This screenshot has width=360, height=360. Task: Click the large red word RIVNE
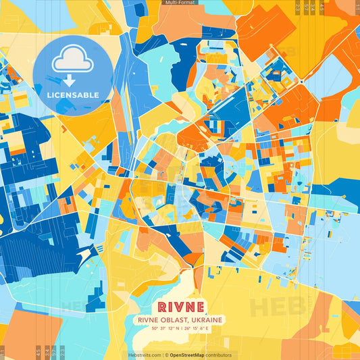click(180, 307)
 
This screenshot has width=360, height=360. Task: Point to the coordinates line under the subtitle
click(180, 329)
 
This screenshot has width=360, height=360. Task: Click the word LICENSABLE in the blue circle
click(72, 95)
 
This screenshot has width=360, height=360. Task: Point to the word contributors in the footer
click(219, 355)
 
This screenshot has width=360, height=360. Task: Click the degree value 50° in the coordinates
click(155, 329)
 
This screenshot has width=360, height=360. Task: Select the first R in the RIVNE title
click(160, 307)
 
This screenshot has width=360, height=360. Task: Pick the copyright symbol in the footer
click(166, 355)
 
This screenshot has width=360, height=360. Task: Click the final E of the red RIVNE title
click(201, 307)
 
